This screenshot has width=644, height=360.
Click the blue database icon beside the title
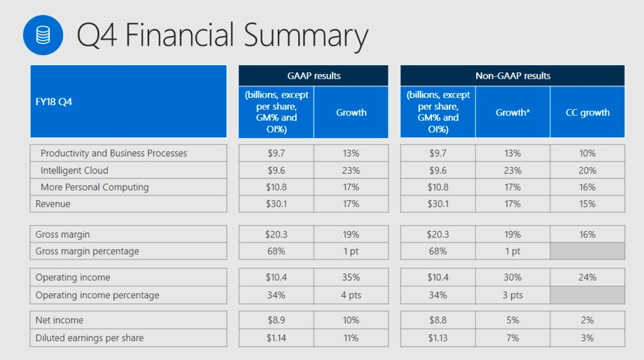pos(43,35)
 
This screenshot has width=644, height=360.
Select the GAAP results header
pos(313,76)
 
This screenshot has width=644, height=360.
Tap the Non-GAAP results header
pos(513,76)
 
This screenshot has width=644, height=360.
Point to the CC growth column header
pos(587,112)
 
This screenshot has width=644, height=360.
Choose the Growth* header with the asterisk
pos(513,112)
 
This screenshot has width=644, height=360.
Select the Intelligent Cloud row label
pos(74,170)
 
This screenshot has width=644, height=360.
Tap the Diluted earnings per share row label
pos(90,338)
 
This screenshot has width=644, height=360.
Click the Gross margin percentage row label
pos(87,251)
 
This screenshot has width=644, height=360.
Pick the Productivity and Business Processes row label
pos(113,153)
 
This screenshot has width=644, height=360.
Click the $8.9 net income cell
pos(276,320)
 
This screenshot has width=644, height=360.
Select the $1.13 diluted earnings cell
pos(438,338)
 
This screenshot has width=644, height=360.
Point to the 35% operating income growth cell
pos(351,277)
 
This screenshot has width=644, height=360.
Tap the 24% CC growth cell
pos(587,277)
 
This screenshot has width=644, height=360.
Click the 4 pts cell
pos(351,295)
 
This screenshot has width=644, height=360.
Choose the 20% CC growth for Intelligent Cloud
pos(587,170)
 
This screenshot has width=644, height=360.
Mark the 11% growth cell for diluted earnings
pos(351,338)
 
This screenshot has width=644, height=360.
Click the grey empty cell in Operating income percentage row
pos(587,295)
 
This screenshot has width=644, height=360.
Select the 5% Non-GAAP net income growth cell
pos(513,320)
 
